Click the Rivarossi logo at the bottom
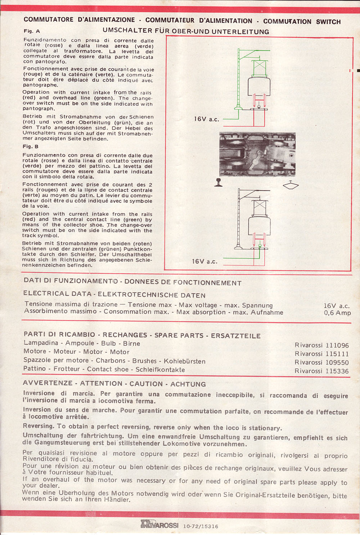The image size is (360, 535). click(159, 525)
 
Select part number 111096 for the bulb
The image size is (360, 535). click(321, 345)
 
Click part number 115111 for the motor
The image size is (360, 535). click(321, 354)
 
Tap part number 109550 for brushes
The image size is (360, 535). click(321, 362)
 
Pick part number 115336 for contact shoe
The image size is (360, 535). click(321, 371)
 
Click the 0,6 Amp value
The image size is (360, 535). click(337, 313)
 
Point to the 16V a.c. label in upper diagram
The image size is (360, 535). click(206, 119)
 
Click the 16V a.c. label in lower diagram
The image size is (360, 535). click(204, 261)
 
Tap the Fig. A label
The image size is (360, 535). click(32, 31)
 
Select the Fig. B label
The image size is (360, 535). click(31, 147)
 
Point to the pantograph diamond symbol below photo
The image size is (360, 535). click(291, 186)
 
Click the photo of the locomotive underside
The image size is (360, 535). click(257, 154)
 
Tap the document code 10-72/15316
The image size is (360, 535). click(201, 526)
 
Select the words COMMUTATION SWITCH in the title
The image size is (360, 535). click(302, 22)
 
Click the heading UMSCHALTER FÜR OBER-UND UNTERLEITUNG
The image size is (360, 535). click(186, 32)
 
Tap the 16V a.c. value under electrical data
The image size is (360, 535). click(337, 306)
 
